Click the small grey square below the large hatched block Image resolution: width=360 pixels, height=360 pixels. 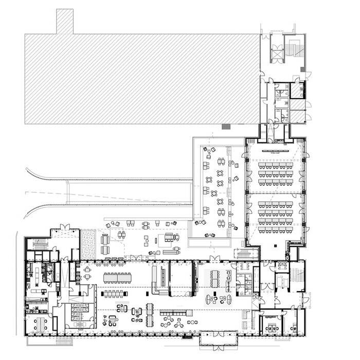point(225,127)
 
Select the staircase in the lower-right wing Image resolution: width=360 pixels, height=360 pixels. point(296,280)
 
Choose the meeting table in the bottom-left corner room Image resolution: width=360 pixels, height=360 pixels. point(39,323)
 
